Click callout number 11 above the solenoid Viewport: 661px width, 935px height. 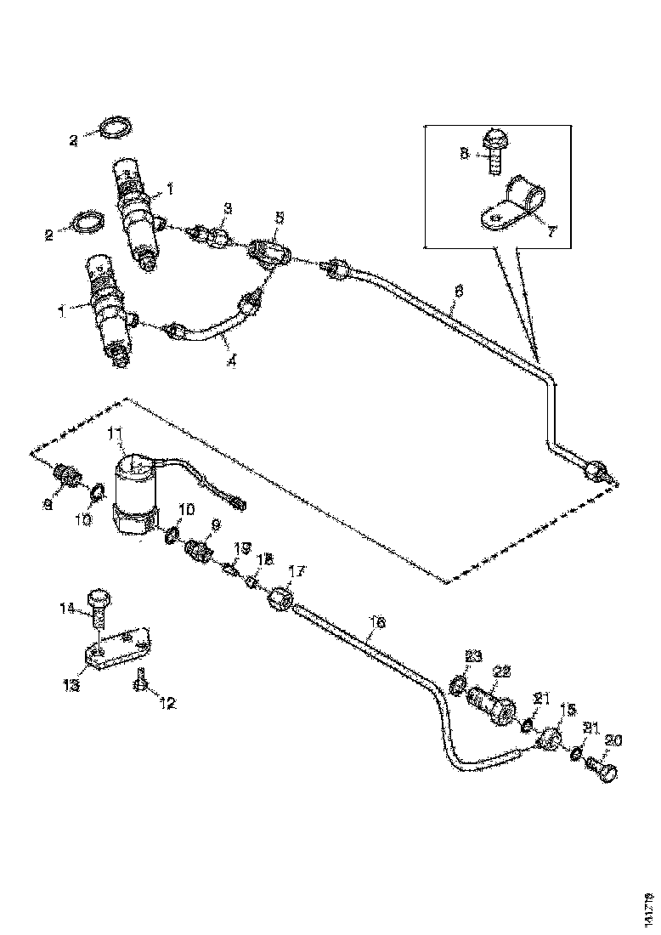point(116,435)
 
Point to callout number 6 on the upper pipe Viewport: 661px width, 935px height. point(458,291)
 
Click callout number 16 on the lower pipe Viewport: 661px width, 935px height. point(377,623)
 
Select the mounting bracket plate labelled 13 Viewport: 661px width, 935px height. point(119,650)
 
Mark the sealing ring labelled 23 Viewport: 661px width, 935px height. point(457,683)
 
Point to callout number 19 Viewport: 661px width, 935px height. point(242,547)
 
